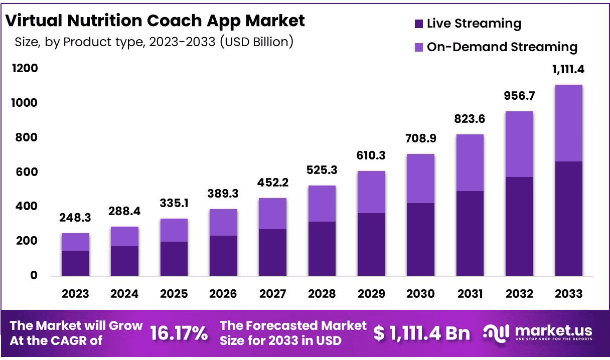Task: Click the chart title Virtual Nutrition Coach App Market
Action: click(155, 21)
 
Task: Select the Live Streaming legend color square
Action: click(418, 24)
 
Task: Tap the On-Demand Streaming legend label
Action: click(502, 47)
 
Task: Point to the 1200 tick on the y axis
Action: click(25, 68)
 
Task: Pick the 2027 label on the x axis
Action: click(273, 294)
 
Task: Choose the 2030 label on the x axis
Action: click(421, 294)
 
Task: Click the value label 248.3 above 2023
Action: click(76, 218)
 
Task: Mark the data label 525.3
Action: click(322, 170)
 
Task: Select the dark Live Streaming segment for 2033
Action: click(568, 219)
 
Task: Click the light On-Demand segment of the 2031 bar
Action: click(470, 163)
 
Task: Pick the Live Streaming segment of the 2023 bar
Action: click(76, 263)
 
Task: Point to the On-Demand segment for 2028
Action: click(322, 204)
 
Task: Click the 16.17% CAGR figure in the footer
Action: click(179, 332)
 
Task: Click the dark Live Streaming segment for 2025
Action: click(174, 259)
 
